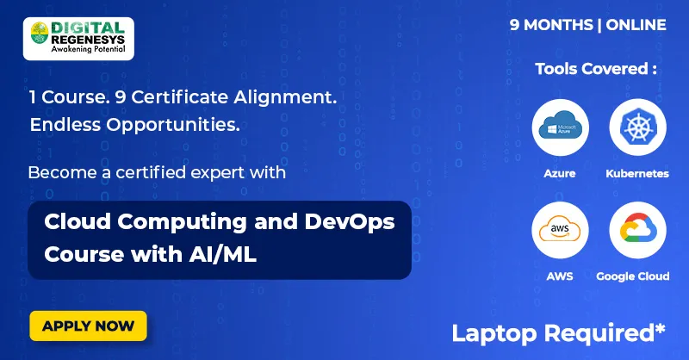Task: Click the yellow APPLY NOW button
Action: pyautogui.click(x=88, y=326)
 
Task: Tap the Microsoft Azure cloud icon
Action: pyautogui.click(x=560, y=127)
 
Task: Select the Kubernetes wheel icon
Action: pyautogui.click(x=637, y=127)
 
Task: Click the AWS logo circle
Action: pyautogui.click(x=560, y=231)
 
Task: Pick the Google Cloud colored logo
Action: pyautogui.click(x=637, y=231)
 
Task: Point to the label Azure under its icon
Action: pyautogui.click(x=560, y=173)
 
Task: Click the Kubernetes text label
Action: pyautogui.click(x=637, y=173)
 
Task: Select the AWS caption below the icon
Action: pyautogui.click(x=560, y=276)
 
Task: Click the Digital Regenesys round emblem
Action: pyautogui.click(x=40, y=35)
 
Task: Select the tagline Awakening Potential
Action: pyautogui.click(x=94, y=51)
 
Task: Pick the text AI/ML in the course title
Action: pyautogui.click(x=227, y=255)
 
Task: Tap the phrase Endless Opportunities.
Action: pyautogui.click(x=133, y=125)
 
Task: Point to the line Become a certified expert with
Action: pyautogui.click(x=157, y=172)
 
